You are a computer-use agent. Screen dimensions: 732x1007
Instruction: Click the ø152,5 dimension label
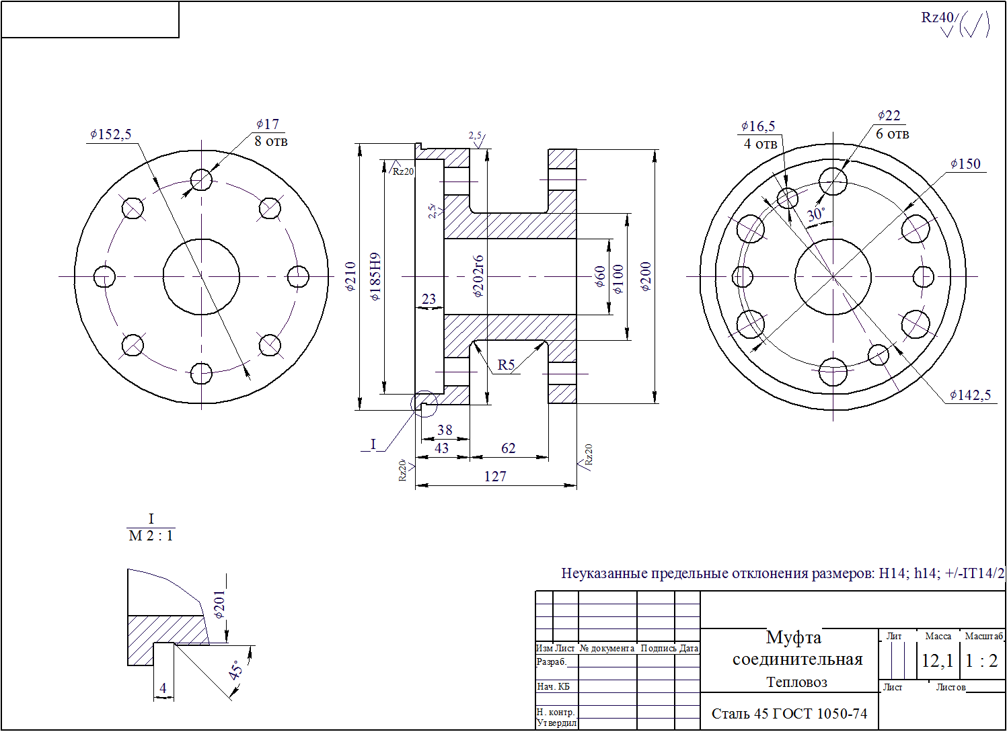click(x=111, y=134)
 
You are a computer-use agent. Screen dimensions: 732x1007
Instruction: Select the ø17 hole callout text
click(x=268, y=124)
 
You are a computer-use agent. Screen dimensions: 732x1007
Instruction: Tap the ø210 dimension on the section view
click(x=350, y=276)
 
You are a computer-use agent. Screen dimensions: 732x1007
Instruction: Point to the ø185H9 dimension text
click(x=375, y=276)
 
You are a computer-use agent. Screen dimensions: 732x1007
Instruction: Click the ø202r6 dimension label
click(x=478, y=276)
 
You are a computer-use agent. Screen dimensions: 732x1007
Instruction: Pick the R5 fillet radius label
click(x=506, y=365)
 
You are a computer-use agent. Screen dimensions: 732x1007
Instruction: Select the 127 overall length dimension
click(x=495, y=477)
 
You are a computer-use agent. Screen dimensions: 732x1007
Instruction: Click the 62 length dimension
click(x=509, y=448)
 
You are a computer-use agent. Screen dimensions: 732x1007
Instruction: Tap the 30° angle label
click(x=816, y=215)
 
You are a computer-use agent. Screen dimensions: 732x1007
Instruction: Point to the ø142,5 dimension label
click(x=970, y=395)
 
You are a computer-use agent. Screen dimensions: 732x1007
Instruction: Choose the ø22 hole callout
click(x=889, y=116)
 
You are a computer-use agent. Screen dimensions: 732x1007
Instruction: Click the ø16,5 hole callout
click(x=758, y=126)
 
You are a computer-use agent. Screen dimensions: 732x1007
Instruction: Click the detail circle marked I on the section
click(x=424, y=403)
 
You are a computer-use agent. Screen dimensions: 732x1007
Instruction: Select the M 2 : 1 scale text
click(x=151, y=536)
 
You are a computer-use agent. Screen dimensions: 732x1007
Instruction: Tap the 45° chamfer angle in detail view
click(x=236, y=670)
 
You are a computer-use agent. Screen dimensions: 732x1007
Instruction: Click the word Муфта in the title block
click(x=794, y=637)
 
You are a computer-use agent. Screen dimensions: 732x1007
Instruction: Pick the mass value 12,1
click(x=937, y=661)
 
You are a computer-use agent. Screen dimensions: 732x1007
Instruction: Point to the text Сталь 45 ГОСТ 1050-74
click(x=790, y=714)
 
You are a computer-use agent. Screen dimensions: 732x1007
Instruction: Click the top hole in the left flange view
click(x=201, y=179)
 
